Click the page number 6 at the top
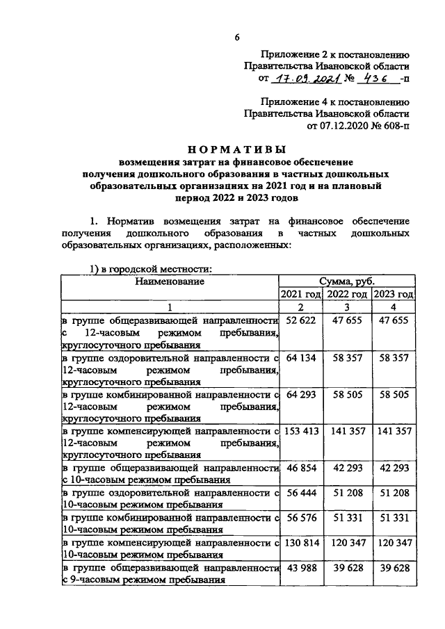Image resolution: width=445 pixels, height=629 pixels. coord(236,37)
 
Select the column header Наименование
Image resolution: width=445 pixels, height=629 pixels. coord(170,281)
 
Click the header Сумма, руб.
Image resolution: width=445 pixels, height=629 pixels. coord(346,281)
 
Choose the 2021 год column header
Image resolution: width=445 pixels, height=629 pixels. coord(301,294)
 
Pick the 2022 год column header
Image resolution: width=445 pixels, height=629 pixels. coord(347,294)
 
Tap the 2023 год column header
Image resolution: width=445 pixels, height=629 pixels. coord(393,294)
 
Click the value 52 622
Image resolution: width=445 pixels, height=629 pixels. coord(301,320)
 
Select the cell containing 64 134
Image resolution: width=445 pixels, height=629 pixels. coord(301,358)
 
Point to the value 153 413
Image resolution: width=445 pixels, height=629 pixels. coord(301,432)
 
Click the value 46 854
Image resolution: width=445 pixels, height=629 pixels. coord(301,470)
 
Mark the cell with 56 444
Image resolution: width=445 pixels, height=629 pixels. coord(301,494)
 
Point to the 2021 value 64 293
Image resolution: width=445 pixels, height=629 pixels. coord(301,395)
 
